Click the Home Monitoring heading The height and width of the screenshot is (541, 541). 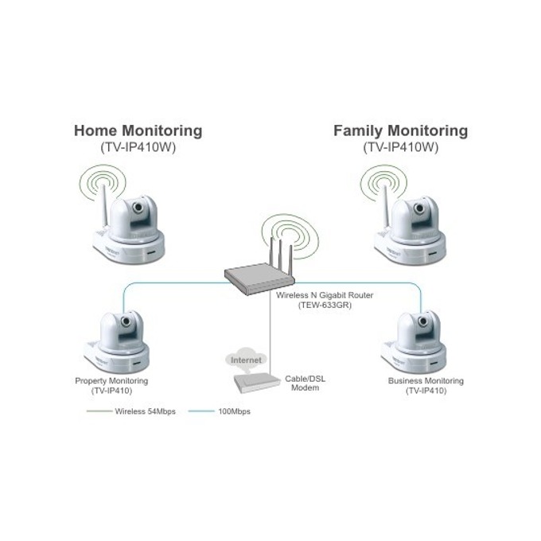138,131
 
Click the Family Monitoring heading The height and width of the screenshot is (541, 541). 400,131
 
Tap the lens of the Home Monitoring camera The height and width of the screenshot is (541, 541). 138,207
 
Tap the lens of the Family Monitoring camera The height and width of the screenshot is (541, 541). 419,208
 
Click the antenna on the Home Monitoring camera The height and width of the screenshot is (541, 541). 105,206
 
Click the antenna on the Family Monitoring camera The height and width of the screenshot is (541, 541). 387,207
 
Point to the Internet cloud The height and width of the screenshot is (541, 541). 246,360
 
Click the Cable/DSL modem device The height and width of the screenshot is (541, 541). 257,383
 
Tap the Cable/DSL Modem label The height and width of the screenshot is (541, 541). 305,383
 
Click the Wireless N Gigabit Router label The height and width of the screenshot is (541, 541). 325,295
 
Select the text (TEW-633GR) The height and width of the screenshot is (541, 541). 325,305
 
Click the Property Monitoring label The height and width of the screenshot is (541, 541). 111,381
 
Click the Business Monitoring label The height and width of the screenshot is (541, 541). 426,381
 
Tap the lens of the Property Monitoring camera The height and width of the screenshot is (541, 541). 126,321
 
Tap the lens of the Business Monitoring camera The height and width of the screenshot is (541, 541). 423,321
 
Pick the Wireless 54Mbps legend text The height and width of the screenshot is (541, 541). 146,411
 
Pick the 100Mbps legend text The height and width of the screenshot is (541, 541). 234,411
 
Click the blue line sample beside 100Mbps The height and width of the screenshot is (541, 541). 201,411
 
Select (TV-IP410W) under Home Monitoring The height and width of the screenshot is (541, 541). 138,148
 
